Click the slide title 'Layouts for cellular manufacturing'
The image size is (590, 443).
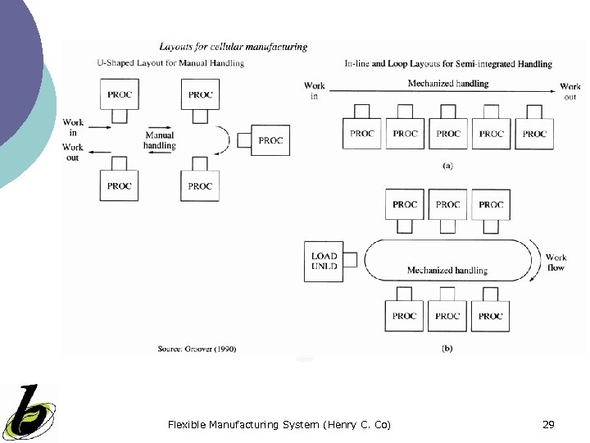233,48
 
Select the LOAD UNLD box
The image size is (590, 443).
324,261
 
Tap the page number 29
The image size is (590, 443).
549,424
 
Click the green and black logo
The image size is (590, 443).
28,413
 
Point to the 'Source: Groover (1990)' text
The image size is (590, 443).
197,349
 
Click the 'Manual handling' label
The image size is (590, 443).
159,140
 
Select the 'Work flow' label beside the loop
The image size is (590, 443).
556,263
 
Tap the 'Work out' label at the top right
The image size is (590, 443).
570,91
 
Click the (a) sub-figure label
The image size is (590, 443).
447,165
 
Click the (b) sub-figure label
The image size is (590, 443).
447,348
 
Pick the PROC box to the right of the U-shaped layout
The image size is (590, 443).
270,140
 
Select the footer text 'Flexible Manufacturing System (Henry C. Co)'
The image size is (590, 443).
279,424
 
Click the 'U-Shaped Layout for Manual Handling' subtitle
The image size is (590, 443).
170,63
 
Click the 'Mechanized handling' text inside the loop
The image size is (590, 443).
447,270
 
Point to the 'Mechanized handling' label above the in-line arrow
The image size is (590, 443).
447,84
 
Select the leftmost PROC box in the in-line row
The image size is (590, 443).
361,133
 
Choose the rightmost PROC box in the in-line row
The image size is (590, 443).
534,133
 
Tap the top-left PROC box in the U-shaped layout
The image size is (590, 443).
119,94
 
